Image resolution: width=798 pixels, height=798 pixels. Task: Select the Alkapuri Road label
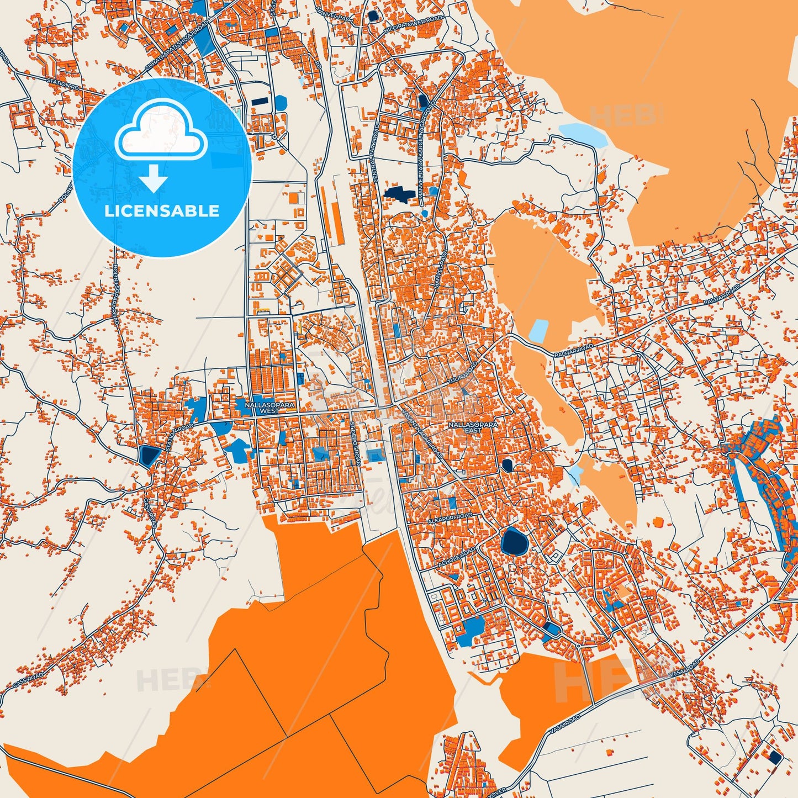pyautogui.click(x=450, y=519)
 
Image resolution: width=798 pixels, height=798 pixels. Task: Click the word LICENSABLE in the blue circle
pyautogui.click(x=162, y=210)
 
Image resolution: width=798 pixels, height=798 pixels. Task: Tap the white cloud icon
pyautogui.click(x=161, y=132)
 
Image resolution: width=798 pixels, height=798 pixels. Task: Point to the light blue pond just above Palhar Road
pyautogui.click(x=538, y=330)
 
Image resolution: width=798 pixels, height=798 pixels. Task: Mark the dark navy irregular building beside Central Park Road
pyautogui.click(x=399, y=193)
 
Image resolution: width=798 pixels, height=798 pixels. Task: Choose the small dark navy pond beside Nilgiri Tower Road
pyautogui.click(x=374, y=15)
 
